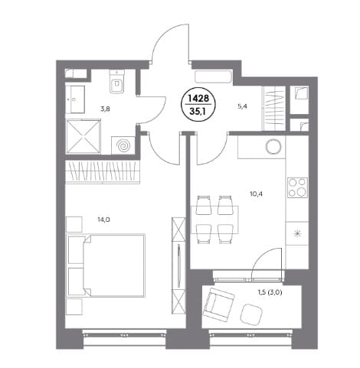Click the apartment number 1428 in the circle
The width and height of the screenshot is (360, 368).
(198, 99)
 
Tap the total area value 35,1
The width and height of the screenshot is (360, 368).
(198, 112)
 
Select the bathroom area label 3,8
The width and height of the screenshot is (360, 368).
(105, 109)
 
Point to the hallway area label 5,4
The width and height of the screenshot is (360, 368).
(242, 106)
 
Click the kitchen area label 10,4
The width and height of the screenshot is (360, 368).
(257, 194)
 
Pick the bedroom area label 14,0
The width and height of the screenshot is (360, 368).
(104, 220)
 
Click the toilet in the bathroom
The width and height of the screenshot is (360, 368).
(117, 81)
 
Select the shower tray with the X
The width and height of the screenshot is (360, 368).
(83, 136)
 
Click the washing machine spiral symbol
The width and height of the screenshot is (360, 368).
(123, 145)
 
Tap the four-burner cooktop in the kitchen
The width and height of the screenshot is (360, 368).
(297, 188)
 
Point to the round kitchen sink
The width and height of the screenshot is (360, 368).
(273, 146)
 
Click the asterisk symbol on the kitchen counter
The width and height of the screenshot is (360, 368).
(297, 233)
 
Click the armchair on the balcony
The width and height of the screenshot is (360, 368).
(219, 303)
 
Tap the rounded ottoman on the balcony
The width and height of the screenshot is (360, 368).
(252, 315)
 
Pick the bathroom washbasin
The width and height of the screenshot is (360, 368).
(75, 99)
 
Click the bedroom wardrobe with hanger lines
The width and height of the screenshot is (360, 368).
(103, 172)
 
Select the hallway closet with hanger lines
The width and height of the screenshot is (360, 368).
(274, 109)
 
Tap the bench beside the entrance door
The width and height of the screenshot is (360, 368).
(213, 77)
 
